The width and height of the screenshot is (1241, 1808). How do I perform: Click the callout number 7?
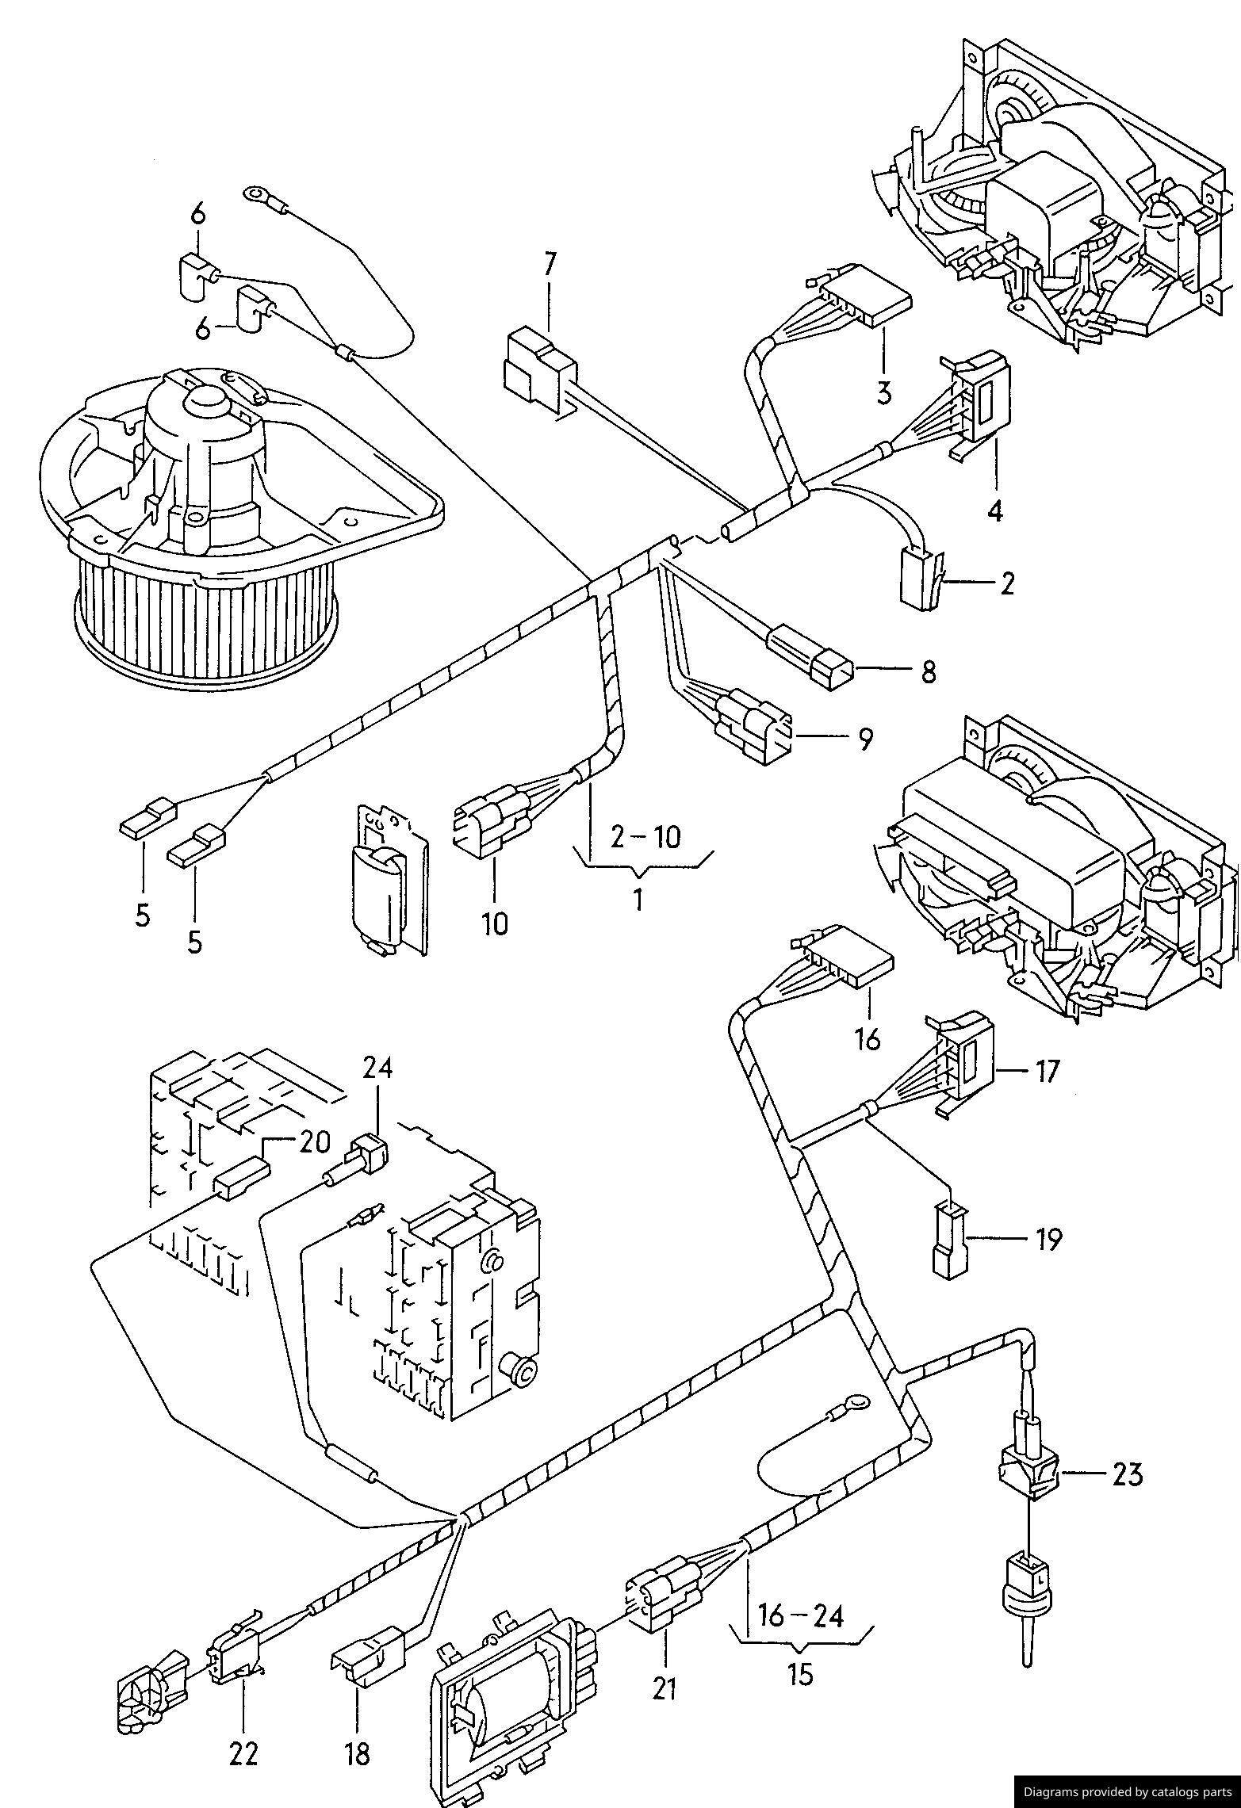click(x=550, y=265)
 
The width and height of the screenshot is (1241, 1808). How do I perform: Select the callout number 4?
click(x=994, y=510)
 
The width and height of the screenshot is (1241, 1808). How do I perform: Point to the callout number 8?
click(x=928, y=671)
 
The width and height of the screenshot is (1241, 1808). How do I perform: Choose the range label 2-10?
click(x=646, y=836)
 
